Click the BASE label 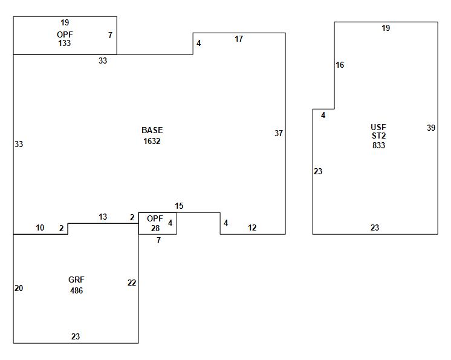point(152,130)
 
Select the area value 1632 point(152,141)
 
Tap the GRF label point(76,280)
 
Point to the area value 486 point(76,290)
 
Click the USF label point(378,127)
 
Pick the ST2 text point(378,136)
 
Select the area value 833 point(378,145)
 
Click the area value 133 point(65,44)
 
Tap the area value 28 point(155,227)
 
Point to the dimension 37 point(279,133)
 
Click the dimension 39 point(431,128)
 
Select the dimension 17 point(239,39)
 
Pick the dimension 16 point(340,65)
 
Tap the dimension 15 point(179,206)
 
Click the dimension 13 point(103,217)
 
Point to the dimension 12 point(252,227)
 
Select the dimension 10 point(40,227)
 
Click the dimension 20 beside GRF point(19,288)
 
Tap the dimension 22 point(132,283)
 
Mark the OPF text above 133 point(65,34)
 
